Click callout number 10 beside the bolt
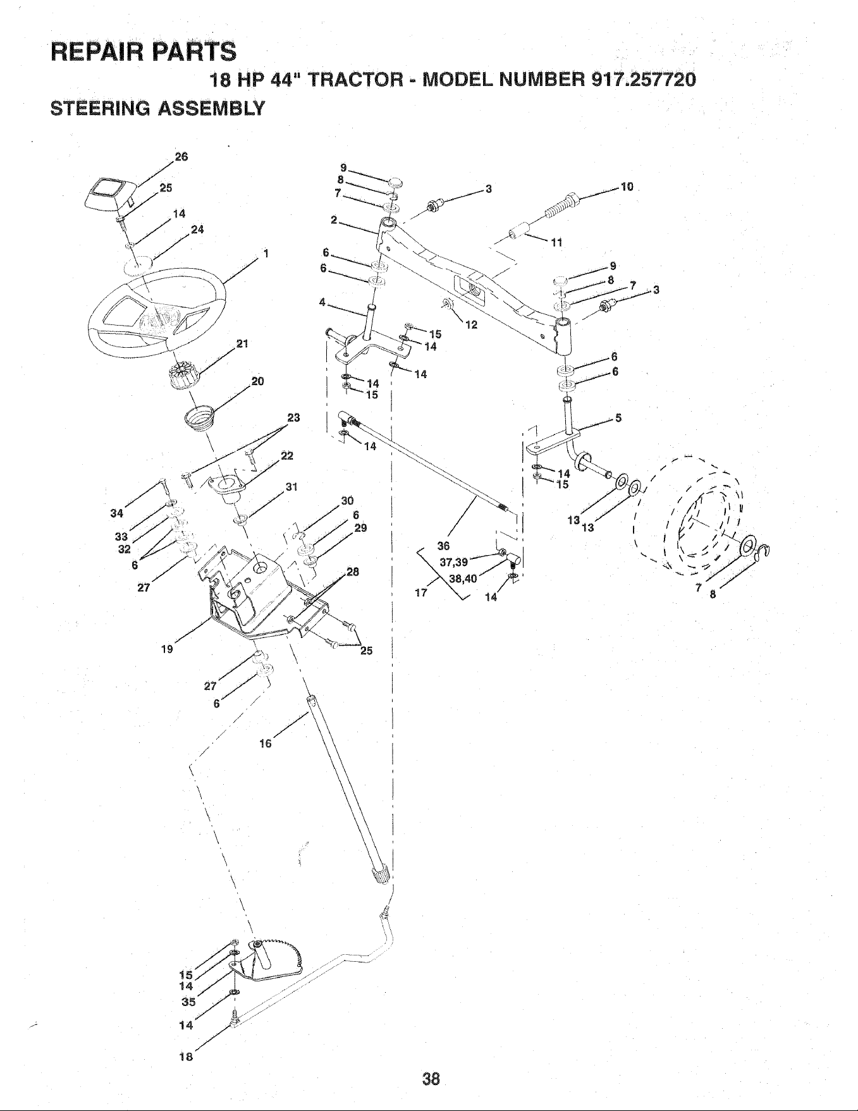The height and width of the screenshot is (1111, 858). coord(627,187)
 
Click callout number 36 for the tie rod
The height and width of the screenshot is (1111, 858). coord(443,546)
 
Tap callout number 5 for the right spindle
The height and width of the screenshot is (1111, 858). coord(619,417)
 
